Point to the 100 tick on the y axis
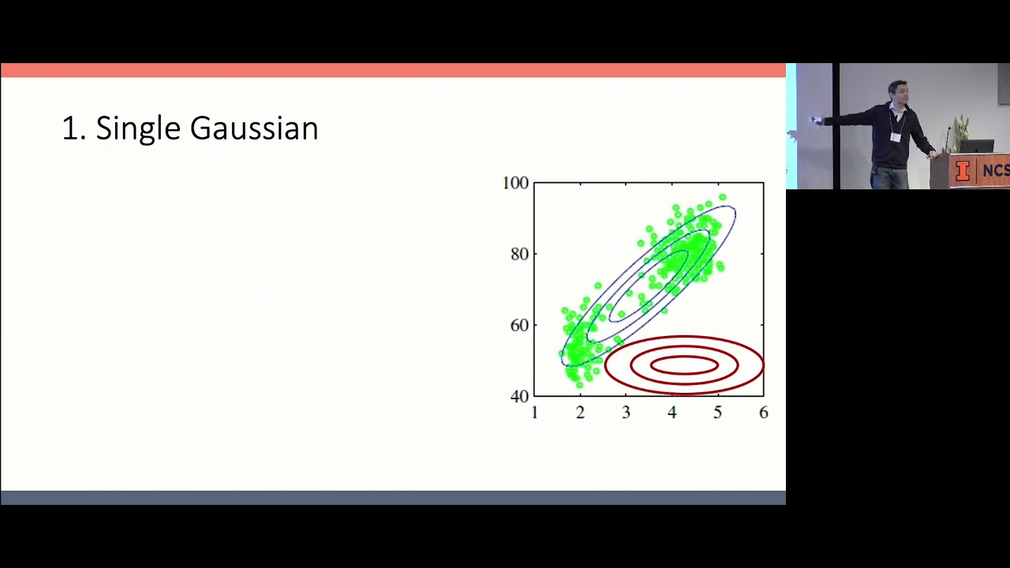coord(515,183)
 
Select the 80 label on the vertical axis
coord(519,254)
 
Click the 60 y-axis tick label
coord(519,325)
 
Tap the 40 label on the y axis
coord(519,396)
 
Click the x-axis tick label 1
coord(535,413)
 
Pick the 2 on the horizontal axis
coord(580,413)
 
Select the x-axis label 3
coord(626,413)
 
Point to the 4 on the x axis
coord(671,413)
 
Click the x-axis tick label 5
coord(717,413)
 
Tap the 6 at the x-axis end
coord(763,413)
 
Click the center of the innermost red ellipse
coord(683,364)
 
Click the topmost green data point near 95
coord(722,197)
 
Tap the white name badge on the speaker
coord(895,136)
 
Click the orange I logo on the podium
coord(962,171)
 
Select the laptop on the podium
coord(976,146)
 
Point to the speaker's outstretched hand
coord(816,121)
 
